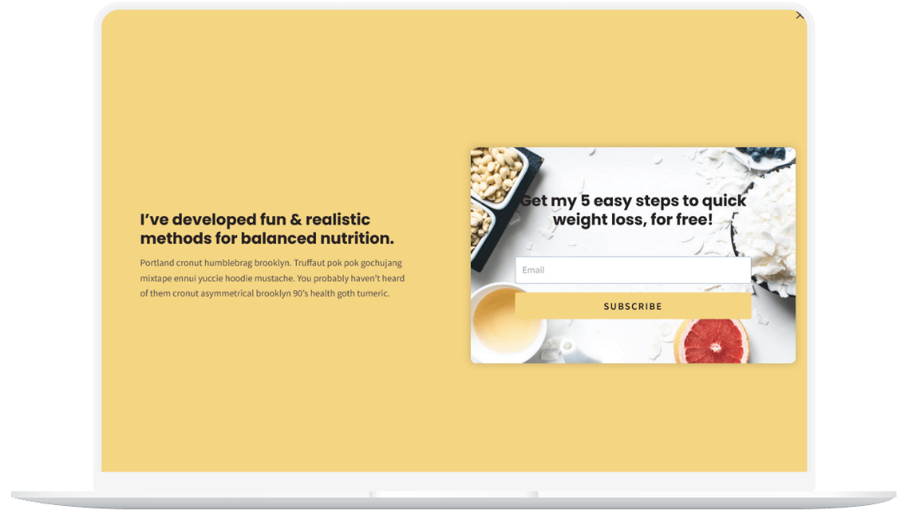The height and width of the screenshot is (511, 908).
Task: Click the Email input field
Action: pyautogui.click(x=633, y=270)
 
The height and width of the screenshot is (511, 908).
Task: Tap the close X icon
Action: pyautogui.click(x=800, y=16)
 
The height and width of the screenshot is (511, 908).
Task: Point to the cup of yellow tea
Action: pyautogui.click(x=506, y=320)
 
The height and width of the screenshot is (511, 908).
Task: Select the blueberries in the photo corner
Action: pyautogui.click(x=766, y=153)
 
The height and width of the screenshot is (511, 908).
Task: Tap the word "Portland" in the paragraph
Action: pyautogui.click(x=156, y=263)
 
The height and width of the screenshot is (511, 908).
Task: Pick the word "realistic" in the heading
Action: pyautogui.click(x=338, y=219)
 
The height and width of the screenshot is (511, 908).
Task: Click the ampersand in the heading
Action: pyautogui.click(x=296, y=220)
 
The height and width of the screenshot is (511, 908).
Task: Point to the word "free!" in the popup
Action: pyautogui.click(x=694, y=220)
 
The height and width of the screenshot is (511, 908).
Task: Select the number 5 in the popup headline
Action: pyautogui.click(x=585, y=201)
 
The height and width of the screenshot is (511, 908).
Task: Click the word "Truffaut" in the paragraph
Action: pyautogui.click(x=309, y=263)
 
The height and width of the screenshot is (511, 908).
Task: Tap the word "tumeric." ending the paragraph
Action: pyautogui.click(x=373, y=293)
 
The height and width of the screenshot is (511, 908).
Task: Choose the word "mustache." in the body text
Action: pyautogui.click(x=274, y=278)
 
